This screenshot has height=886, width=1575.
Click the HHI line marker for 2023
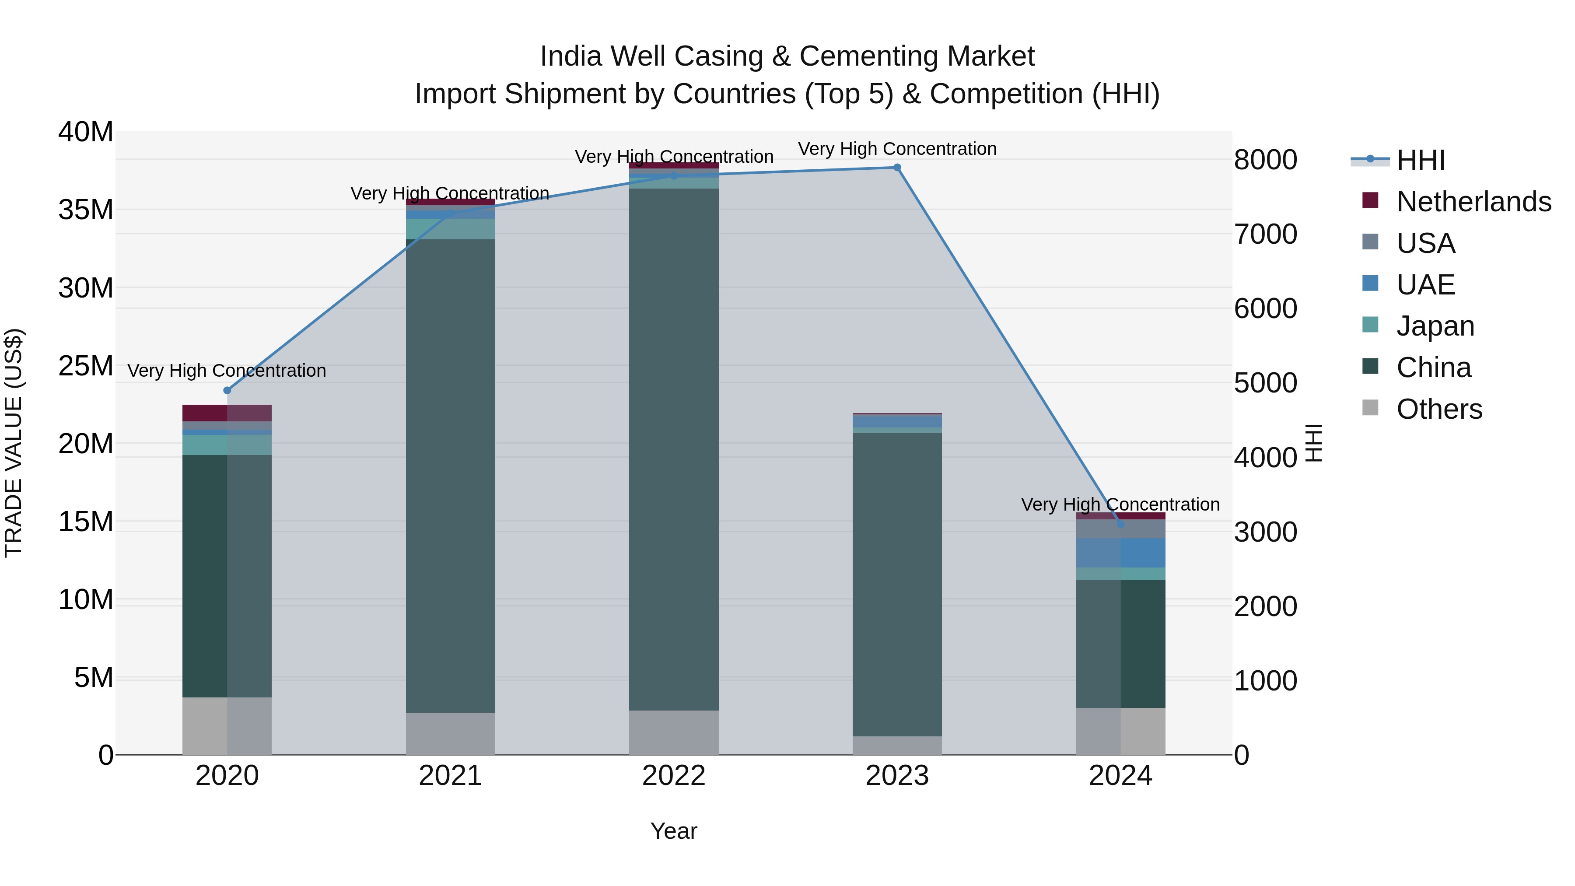[x=897, y=168]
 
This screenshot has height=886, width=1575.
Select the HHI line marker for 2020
[x=227, y=390]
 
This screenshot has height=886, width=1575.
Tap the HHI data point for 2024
[x=1120, y=524]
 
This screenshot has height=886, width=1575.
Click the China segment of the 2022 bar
[x=674, y=449]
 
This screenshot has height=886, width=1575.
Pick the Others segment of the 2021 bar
[x=451, y=733]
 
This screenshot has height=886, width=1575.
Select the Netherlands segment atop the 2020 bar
[x=227, y=413]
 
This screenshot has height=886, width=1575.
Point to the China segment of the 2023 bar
[x=897, y=584]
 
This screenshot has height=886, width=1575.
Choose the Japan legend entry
[x=1435, y=326]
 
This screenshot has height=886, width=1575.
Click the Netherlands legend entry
[x=1473, y=202]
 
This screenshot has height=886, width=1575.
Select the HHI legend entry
[x=1420, y=160]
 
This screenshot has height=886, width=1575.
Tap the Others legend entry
[x=1438, y=409]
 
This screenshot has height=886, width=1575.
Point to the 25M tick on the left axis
[x=86, y=366]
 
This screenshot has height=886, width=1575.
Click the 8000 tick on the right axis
[x=1265, y=160]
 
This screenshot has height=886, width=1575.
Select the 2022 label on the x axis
[x=674, y=776]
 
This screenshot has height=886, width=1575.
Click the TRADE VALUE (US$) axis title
[x=14, y=443]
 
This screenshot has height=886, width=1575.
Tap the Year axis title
[x=674, y=831]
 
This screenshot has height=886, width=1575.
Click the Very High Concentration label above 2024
[x=1120, y=504]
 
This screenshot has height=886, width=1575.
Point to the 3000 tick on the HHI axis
[x=1265, y=532]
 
